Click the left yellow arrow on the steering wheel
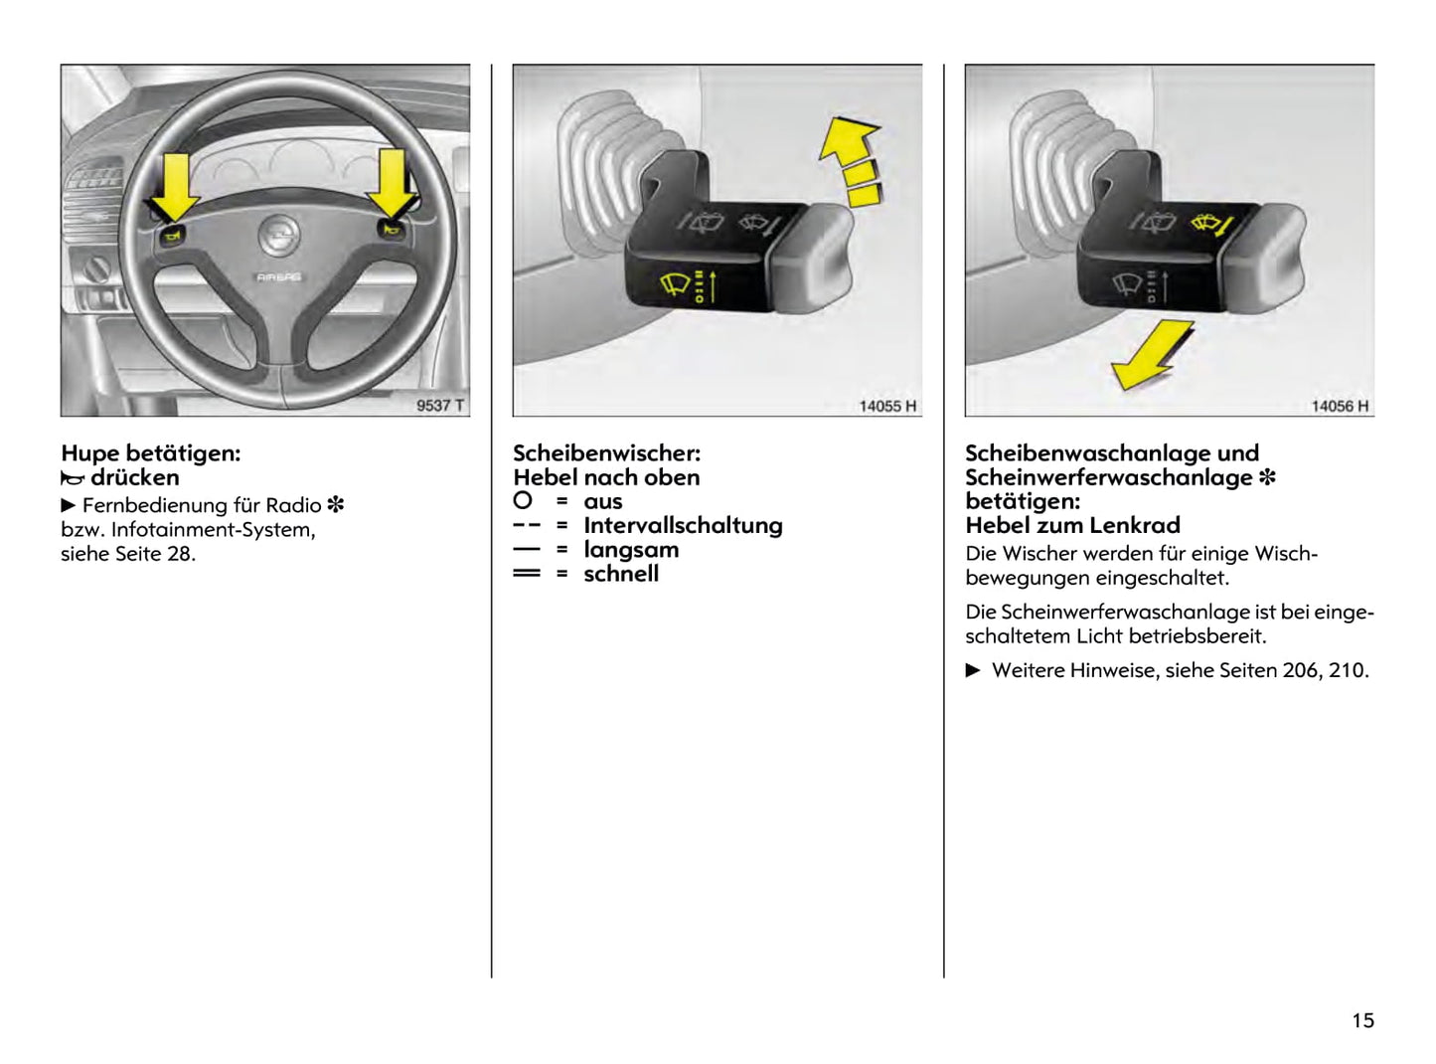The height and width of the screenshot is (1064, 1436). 175,186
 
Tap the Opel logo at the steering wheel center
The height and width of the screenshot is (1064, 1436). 279,236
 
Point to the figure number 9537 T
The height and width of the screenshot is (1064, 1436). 439,405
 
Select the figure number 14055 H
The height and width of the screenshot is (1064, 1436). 887,406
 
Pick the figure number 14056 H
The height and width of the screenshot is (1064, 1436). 1340,406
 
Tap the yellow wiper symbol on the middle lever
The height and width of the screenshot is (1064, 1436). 676,285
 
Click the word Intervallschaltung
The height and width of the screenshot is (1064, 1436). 683,525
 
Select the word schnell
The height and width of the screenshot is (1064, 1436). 621,574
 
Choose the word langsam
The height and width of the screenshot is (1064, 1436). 631,550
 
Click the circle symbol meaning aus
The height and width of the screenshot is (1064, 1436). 523,500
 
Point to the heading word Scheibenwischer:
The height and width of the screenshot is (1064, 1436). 606,453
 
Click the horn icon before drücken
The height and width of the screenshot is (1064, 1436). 73,478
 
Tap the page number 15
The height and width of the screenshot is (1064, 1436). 1362,1020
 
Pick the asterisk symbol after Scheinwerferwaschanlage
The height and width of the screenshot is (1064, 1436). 1267,477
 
